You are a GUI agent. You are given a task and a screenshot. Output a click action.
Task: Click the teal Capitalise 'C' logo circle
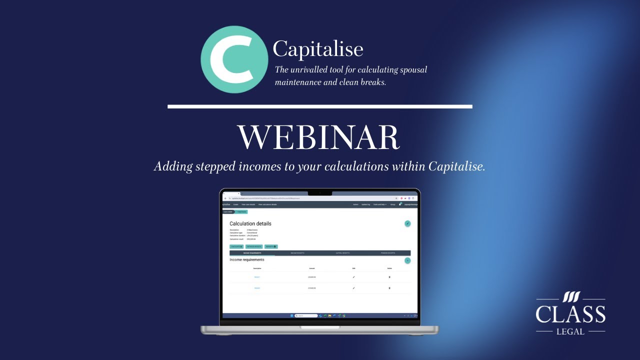click(234, 59)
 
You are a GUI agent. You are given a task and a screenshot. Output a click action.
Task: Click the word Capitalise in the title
click(318, 49)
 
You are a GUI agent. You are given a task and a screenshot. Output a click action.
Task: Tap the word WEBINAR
click(318, 137)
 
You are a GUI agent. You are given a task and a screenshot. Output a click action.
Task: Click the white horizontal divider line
click(320, 106)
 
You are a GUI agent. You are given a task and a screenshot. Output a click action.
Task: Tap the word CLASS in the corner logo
click(570, 314)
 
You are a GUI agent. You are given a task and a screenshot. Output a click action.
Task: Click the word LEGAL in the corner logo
click(570, 331)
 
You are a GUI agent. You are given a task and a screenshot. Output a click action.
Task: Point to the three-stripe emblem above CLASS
click(571, 297)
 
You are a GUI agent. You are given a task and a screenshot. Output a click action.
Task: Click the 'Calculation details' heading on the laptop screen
click(250, 223)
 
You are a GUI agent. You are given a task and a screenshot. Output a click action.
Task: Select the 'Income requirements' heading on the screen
click(247, 260)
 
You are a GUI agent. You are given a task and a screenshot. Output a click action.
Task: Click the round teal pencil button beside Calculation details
click(407, 223)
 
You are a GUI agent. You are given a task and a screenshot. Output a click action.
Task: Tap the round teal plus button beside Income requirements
click(407, 260)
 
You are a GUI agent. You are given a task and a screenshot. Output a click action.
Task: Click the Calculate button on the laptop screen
click(236, 246)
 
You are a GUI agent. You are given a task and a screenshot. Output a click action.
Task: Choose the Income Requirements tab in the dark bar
click(252, 253)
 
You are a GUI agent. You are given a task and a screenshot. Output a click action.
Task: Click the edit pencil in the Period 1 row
click(353, 277)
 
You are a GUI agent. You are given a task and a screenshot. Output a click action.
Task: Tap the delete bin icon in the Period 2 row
click(389, 288)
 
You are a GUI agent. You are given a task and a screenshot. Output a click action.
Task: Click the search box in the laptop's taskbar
click(306, 315)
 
